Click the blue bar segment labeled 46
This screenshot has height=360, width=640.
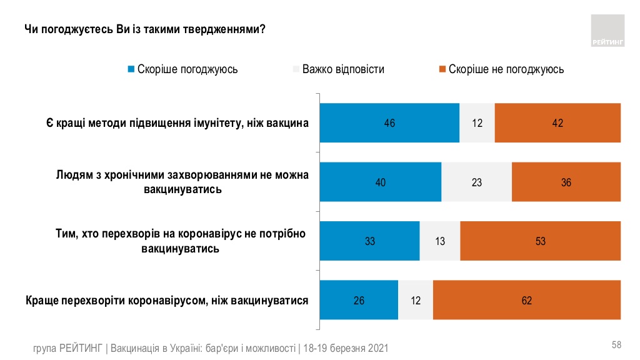(389, 123)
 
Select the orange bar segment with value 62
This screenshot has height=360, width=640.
(526, 301)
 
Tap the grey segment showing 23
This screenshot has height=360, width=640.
(476, 182)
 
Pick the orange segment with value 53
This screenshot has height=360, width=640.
(540, 241)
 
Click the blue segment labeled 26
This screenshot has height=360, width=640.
(359, 301)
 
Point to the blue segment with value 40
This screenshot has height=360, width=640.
(380, 182)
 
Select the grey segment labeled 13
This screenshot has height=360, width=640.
(439, 241)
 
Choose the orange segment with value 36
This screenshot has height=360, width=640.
(566, 182)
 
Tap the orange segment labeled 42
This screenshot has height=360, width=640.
(557, 123)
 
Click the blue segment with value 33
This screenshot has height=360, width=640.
(369, 241)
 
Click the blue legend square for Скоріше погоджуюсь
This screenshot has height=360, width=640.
(131, 69)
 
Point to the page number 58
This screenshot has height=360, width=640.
(616, 345)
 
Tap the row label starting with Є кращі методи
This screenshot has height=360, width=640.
(177, 123)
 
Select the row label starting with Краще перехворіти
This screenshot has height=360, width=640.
(167, 301)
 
